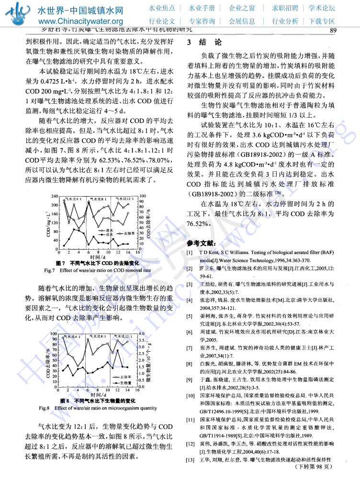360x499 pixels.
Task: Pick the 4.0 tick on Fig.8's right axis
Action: [x=141, y=333]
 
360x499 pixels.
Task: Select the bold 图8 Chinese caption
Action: [x=98, y=400]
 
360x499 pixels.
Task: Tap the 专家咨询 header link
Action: [x=202, y=21]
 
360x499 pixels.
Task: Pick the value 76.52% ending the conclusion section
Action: [x=199, y=224]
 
